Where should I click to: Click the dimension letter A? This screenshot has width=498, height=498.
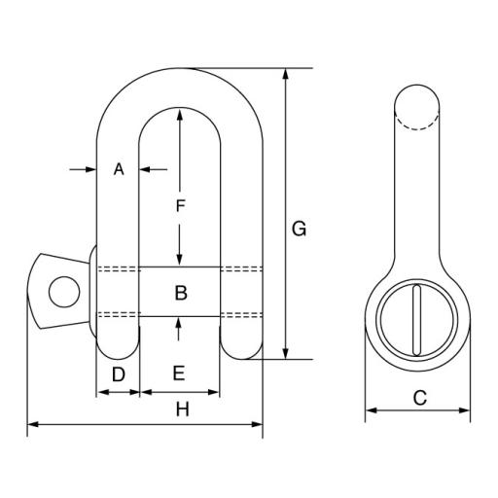click(119, 169)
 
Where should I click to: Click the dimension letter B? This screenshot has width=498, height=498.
click(180, 292)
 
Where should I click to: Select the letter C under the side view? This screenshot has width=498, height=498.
click(418, 397)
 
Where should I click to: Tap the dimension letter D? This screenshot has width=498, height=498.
click(118, 373)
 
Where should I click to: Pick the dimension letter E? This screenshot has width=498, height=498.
click(179, 373)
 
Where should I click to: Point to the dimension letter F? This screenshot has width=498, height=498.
click(179, 206)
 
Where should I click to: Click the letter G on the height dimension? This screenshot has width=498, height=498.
click(299, 229)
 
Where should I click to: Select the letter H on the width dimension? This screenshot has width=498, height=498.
click(181, 409)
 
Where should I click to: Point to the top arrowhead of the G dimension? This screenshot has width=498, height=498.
click(285, 75)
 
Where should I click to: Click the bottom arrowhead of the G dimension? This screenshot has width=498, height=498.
click(285, 353)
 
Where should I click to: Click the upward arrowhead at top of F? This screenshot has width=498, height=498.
click(179, 116)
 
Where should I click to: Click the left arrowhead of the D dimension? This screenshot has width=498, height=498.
click(102, 393)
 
